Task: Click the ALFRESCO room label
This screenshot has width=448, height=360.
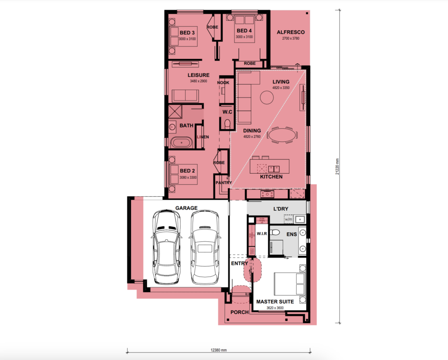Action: click(290, 32)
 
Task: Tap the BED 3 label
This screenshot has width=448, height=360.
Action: click(187, 33)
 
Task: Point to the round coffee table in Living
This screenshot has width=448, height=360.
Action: click(266, 97)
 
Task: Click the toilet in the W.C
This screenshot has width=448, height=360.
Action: click(226, 125)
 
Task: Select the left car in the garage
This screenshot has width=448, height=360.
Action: click(166, 247)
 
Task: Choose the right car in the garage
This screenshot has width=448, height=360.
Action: click(204, 247)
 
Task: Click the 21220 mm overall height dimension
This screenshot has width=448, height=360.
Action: click(337, 167)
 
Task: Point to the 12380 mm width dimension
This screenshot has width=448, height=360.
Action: click(218, 350)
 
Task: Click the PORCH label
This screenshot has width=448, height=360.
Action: click(240, 312)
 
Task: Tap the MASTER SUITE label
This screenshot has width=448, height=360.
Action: click(275, 302)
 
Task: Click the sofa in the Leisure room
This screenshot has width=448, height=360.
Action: click(185, 96)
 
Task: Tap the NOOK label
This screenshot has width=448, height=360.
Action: click(223, 82)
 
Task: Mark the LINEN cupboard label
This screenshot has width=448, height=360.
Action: click(203, 137)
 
